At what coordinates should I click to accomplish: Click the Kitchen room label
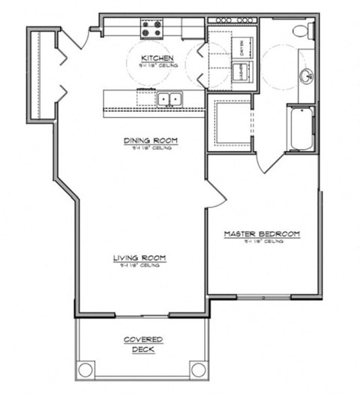(157, 58)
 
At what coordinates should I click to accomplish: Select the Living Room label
(139, 258)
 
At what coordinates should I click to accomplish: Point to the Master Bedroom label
(262, 234)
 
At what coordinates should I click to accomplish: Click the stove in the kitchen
(151, 29)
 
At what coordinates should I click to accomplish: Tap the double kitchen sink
(169, 98)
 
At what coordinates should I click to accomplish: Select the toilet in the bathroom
(301, 32)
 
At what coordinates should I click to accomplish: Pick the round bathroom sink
(305, 76)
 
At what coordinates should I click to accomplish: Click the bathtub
(303, 128)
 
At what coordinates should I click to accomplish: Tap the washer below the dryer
(243, 72)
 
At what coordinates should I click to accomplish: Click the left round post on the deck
(86, 369)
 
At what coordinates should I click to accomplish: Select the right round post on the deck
(197, 369)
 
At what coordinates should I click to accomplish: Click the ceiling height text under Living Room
(139, 266)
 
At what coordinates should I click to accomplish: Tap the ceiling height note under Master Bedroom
(262, 242)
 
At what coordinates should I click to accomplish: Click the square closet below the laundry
(229, 122)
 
